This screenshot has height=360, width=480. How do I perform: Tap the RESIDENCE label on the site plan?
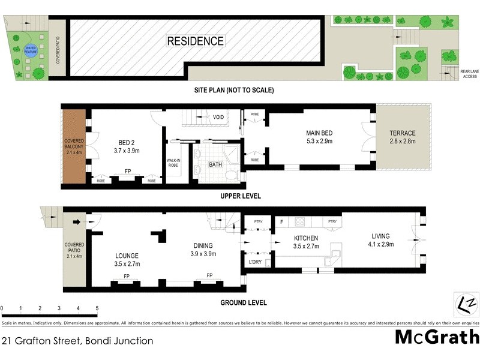pos(195,41)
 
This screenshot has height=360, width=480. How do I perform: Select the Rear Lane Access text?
pos(469,74)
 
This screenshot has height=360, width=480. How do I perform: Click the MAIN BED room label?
pos(319,133)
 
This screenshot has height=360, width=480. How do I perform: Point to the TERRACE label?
pos(402,133)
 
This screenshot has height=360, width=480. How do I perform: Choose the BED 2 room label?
pos(127,143)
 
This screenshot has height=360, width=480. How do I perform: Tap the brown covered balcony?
pos(75,146)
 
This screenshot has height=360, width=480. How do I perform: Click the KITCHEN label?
pos(306,238)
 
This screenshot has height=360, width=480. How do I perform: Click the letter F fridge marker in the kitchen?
pos(281,222)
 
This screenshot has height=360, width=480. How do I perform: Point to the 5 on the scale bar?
pos(97,308)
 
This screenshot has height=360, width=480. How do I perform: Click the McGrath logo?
pos(437,337)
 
